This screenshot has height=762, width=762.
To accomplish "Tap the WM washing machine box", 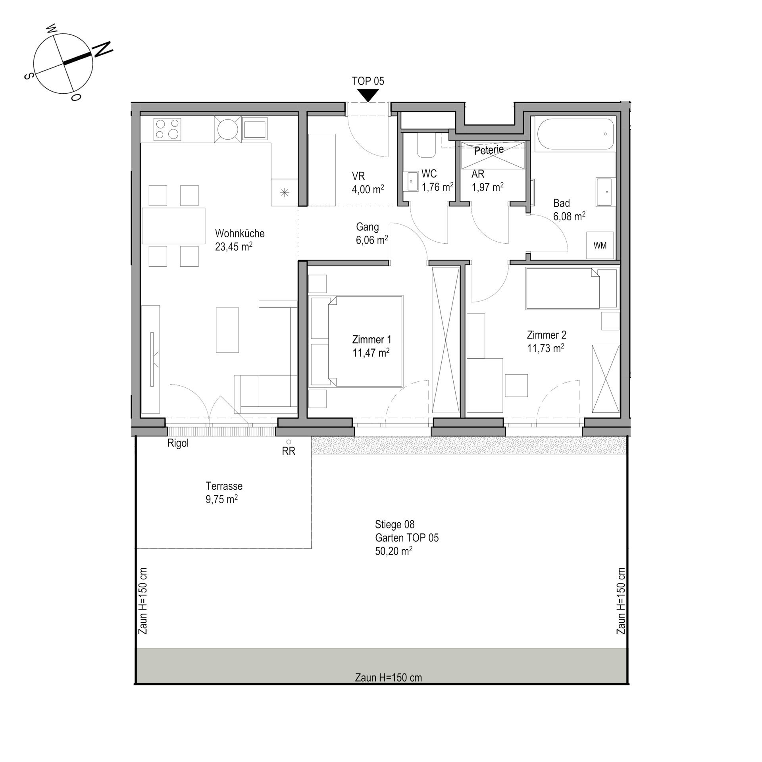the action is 600,245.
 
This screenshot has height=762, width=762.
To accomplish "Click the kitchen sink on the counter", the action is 255,129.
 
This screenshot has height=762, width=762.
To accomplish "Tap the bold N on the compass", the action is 102,49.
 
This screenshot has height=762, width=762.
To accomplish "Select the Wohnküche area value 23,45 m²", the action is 234,246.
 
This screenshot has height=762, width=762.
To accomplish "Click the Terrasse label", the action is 224,486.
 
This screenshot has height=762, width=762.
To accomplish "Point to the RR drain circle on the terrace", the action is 289,442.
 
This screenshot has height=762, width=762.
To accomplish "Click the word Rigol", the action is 178,443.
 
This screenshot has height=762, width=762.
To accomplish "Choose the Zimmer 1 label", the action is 371,339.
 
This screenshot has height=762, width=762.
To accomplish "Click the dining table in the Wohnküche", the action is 173,225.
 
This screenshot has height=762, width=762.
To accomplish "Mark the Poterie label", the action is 489,150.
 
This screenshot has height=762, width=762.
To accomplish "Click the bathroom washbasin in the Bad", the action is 604,192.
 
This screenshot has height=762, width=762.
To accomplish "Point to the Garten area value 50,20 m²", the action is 394,551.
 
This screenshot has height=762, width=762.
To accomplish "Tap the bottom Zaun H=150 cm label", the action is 389,677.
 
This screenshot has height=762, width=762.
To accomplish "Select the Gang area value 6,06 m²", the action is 372,240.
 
